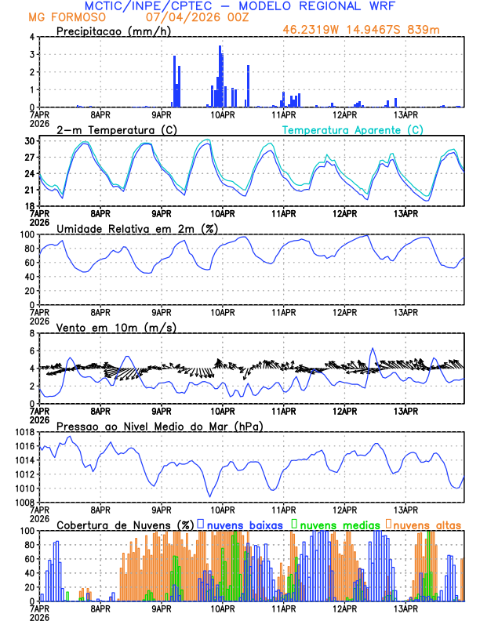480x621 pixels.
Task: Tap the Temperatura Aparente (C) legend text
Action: tap(352, 129)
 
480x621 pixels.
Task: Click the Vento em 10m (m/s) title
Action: tap(116, 327)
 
